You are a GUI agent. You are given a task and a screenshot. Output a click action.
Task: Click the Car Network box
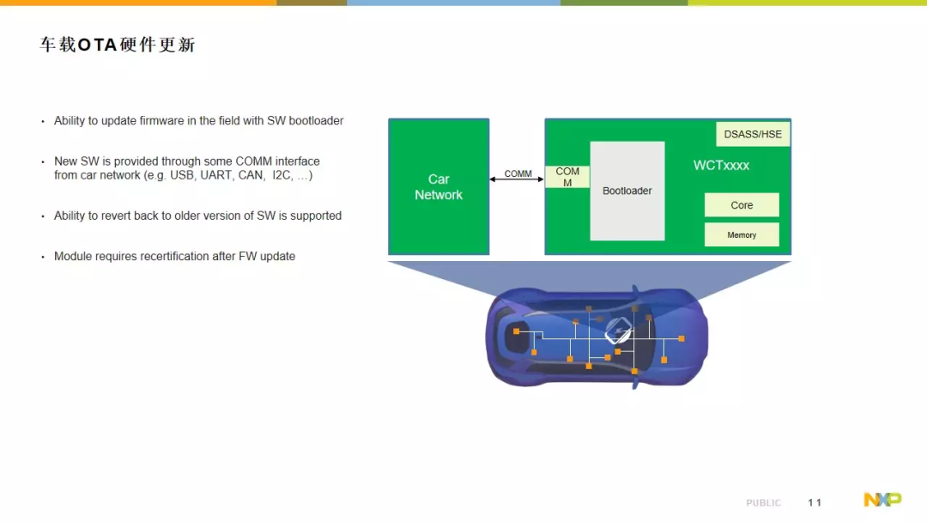439,187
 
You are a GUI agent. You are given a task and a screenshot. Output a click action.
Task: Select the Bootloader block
627,191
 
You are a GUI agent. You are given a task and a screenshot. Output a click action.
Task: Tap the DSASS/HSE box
753,134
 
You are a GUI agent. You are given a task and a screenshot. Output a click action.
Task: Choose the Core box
742,205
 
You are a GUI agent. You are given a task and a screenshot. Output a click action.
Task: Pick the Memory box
742,234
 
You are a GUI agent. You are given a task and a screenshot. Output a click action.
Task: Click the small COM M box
567,177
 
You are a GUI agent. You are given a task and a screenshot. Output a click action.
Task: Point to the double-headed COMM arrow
517,179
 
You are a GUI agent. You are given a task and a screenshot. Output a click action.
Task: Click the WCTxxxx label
721,166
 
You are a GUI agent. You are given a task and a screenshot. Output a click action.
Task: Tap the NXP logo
882,500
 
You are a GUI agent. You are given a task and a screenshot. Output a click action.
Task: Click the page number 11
815,502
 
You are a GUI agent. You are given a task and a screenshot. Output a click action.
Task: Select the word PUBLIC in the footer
763,502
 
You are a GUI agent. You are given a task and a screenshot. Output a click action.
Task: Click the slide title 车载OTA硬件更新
117,45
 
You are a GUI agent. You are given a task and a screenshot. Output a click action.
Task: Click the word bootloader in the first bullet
316,120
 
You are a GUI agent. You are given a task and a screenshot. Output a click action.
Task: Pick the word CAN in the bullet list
251,175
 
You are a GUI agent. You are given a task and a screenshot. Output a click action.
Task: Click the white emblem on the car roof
618,331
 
